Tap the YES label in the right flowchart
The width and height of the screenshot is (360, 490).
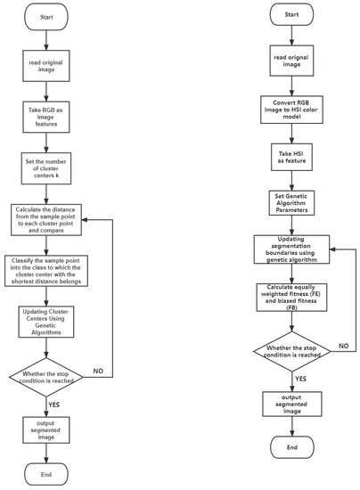(x=299, y=378)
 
